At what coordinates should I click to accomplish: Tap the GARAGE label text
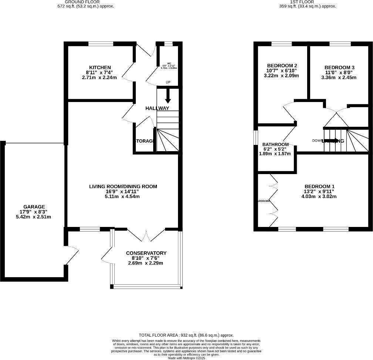34,207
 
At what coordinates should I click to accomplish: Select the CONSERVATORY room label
146,253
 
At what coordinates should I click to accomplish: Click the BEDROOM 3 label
339,67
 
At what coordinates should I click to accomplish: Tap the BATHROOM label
275,144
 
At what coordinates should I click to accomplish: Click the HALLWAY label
157,108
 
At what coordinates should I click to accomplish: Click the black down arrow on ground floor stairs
168,96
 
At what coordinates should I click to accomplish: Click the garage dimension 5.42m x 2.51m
34,217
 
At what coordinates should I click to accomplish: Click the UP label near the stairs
168,82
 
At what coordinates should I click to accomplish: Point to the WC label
169,63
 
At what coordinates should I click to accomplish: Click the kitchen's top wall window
101,44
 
